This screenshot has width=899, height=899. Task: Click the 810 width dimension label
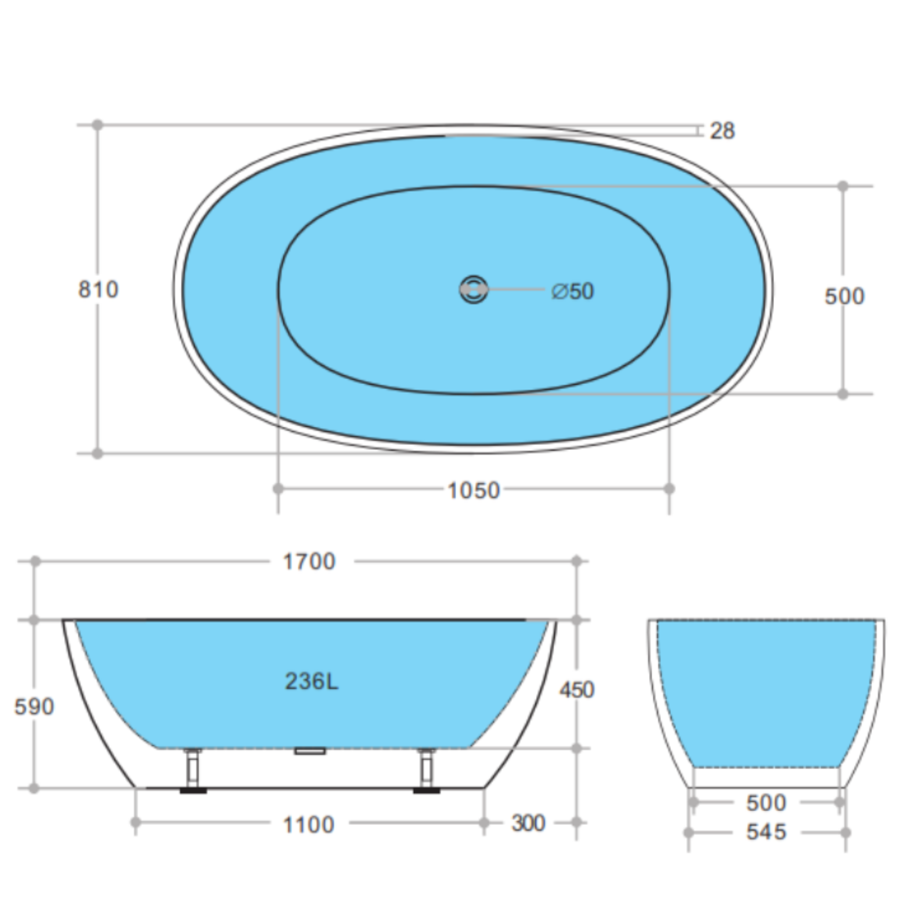pyautogui.click(x=98, y=290)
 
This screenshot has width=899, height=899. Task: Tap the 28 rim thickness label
pyautogui.click(x=722, y=131)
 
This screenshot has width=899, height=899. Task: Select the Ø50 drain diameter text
pyautogui.click(x=572, y=292)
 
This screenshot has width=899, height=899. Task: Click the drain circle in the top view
pyautogui.click(x=473, y=290)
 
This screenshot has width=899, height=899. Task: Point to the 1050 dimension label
pyautogui.click(x=473, y=490)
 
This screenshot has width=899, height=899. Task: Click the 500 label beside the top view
pyautogui.click(x=844, y=296)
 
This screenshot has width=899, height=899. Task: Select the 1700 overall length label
pyautogui.click(x=309, y=561)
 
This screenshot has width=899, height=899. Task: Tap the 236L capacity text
pyautogui.click(x=311, y=682)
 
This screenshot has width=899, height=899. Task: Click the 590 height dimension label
pyautogui.click(x=34, y=707)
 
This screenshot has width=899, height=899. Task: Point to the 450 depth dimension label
pyautogui.click(x=577, y=690)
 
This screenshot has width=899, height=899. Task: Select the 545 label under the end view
pyautogui.click(x=766, y=832)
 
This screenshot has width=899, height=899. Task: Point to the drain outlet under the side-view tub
pyautogui.click(x=310, y=751)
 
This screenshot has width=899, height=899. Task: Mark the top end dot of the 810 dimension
pyautogui.click(x=97, y=125)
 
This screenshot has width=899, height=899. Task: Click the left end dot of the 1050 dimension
pyautogui.click(x=278, y=489)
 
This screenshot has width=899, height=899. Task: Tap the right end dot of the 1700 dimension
pyautogui.click(x=576, y=561)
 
